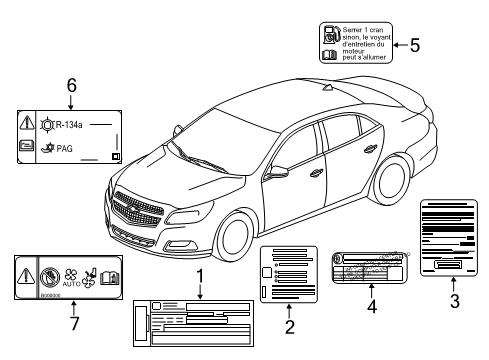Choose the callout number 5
click(414, 44)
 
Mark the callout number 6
click(71, 86)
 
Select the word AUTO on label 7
click(71, 284)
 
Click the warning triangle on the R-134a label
click(26, 125)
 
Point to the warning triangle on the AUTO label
click(25, 274)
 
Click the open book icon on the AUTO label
click(111, 275)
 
